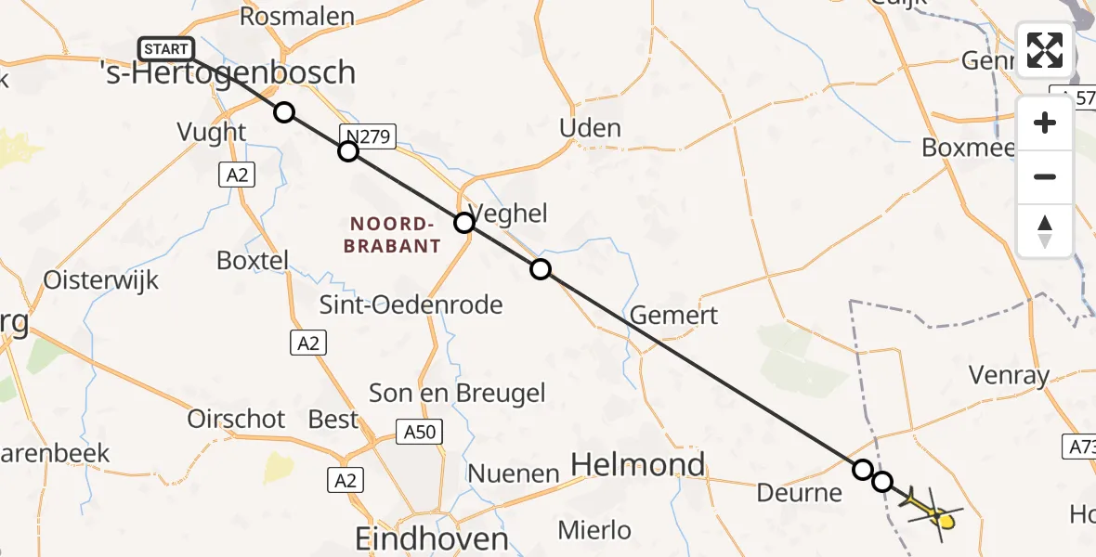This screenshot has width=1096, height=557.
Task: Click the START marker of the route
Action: tap(166, 49)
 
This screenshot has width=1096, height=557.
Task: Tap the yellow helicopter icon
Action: tap(933, 512)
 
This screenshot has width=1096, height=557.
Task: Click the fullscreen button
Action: tap(1045, 50)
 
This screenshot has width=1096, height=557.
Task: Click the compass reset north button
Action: tap(1045, 231)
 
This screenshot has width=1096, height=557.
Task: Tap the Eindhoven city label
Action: tap(432, 539)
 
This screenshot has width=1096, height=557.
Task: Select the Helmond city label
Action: tap(638, 464)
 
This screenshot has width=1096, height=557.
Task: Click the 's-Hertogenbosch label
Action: tap(227, 73)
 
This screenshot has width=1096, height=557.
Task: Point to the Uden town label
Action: tap(591, 128)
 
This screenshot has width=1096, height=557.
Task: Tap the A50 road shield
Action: tap(423, 432)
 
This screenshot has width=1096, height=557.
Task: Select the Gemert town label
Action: tap(673, 316)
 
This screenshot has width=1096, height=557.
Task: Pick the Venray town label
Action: tap(1008, 376)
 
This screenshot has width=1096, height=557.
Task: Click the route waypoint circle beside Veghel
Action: tap(464, 223)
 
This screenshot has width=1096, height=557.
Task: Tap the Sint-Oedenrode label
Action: tap(411, 304)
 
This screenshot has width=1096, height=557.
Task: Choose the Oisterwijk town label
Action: tap(101, 280)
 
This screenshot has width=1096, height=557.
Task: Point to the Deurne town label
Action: tap(799, 492)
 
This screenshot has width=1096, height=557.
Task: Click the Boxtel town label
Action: tap(253, 260)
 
